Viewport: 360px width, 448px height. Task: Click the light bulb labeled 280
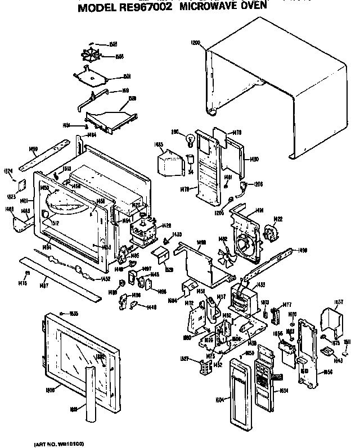coord(190,137)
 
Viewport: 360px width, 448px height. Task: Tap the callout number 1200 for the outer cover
coord(195,42)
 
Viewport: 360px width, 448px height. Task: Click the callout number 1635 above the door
coord(74,313)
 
